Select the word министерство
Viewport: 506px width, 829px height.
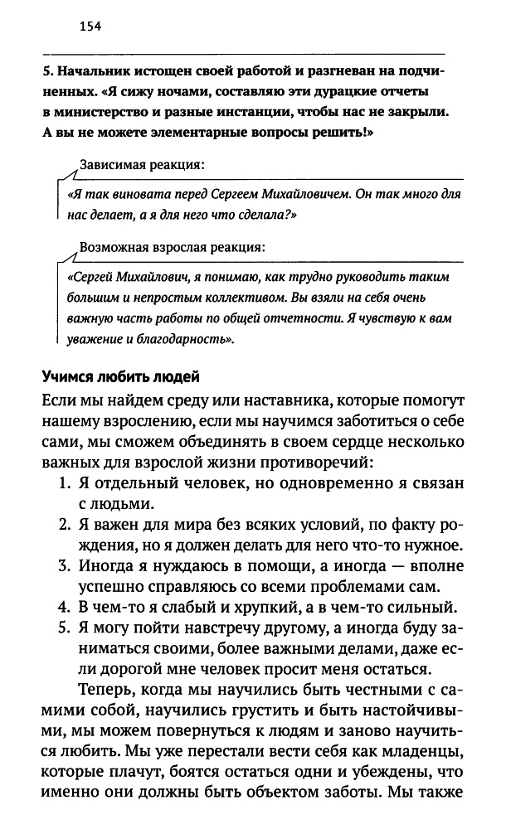95,111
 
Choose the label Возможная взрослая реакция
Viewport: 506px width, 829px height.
172,247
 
